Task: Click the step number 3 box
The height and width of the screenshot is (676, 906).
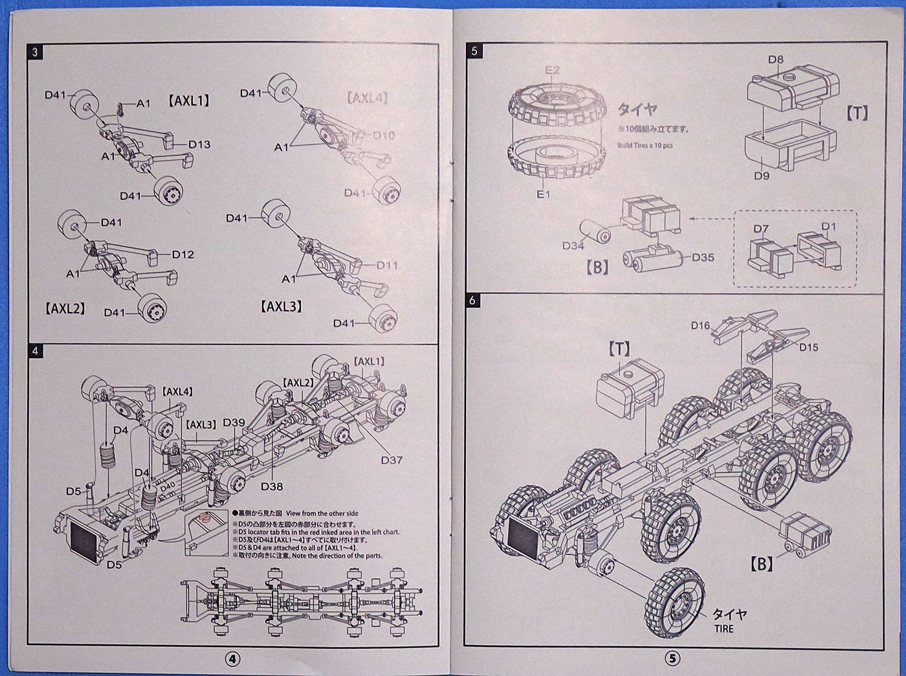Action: pyautogui.click(x=35, y=52)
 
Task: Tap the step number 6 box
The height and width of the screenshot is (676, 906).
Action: pyautogui.click(x=473, y=300)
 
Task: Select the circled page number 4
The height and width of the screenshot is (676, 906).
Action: pyautogui.click(x=232, y=659)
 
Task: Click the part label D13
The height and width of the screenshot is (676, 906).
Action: pyautogui.click(x=199, y=144)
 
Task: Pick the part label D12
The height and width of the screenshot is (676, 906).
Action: pyautogui.click(x=183, y=254)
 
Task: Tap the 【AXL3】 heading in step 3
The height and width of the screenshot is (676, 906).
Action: pyautogui.click(x=282, y=306)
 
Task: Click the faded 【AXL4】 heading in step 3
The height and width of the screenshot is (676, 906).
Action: pyautogui.click(x=367, y=98)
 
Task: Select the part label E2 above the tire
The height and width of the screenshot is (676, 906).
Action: pyautogui.click(x=552, y=70)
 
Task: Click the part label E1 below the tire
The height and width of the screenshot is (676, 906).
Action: pyautogui.click(x=542, y=194)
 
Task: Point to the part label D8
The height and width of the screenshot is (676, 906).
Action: pyautogui.click(x=775, y=60)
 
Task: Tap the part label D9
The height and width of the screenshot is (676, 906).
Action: pyautogui.click(x=761, y=175)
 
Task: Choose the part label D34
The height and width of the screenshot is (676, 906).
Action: pyautogui.click(x=573, y=245)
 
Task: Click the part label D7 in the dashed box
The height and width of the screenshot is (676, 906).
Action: pyautogui.click(x=761, y=229)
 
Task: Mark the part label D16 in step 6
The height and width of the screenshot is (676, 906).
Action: pyautogui.click(x=700, y=326)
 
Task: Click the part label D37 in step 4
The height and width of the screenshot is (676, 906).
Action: pyautogui.click(x=392, y=460)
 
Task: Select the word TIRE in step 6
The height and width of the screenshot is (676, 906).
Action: pyautogui.click(x=724, y=629)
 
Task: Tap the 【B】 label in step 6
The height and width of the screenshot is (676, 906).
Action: pyautogui.click(x=762, y=564)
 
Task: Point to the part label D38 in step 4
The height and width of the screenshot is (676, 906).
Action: pyautogui.click(x=272, y=486)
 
